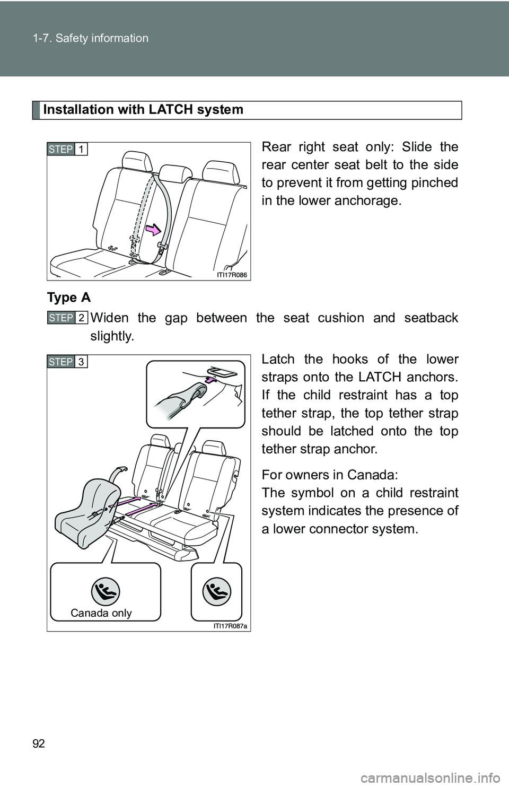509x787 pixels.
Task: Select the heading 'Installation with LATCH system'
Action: tap(143, 110)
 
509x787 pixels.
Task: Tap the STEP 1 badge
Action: tap(67, 149)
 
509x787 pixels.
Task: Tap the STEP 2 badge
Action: tap(67, 317)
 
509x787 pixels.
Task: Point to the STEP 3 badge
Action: tap(67, 362)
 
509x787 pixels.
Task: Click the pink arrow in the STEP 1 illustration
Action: tap(152, 230)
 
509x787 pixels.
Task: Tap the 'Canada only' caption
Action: tap(101, 613)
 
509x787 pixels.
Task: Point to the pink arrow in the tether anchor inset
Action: tap(211, 380)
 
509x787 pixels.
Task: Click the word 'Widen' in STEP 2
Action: tap(109, 318)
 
